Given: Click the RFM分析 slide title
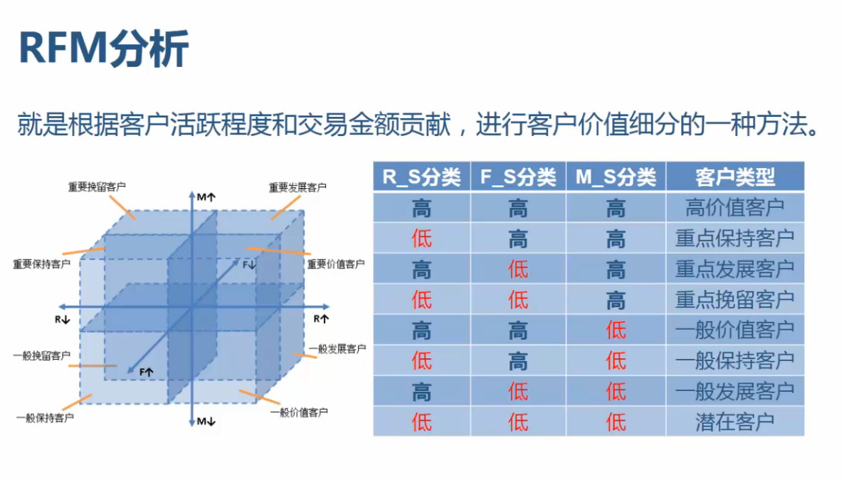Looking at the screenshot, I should point(103,49).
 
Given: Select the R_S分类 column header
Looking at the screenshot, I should point(421,177).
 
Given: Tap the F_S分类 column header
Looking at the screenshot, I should point(518,177).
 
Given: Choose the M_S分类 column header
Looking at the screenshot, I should point(616,177).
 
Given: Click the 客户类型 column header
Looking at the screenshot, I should point(734,177).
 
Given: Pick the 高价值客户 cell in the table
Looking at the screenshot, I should point(734,207).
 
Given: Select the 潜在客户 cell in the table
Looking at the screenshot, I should point(734,422).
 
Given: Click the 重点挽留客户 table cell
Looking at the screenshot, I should point(734,299).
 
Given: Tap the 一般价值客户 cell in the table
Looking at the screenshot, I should point(734,330).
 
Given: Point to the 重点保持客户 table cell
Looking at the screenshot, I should point(734,238).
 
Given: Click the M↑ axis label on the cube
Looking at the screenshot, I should point(206,196).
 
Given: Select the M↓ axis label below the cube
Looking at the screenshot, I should point(206,421).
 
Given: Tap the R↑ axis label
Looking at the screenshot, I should point(322,319).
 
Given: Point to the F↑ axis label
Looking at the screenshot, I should point(147,372).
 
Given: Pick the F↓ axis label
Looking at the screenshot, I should point(249,264).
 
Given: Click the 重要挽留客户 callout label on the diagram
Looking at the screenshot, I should point(97,187).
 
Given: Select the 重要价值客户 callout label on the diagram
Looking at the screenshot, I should point(335,264).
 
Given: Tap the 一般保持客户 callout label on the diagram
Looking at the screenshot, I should point(45,417).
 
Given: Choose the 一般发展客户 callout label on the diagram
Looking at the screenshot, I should point(337,349).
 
